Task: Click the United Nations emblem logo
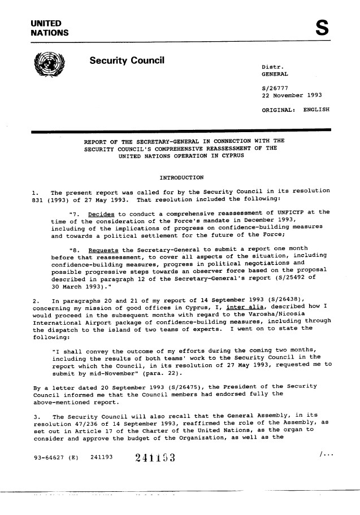[50, 68]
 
